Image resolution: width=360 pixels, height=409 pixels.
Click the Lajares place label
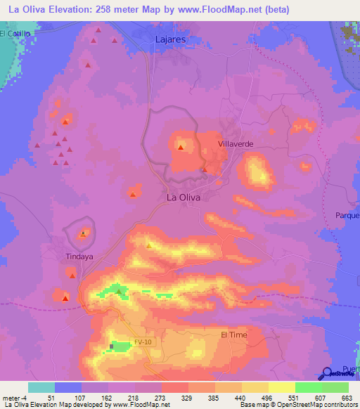pyautogui.click(x=170, y=40)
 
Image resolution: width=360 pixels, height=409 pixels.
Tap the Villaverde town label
pyautogui.click(x=236, y=143)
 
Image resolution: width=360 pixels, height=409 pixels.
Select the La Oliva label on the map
pyautogui.click(x=184, y=197)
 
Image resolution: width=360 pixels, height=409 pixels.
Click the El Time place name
pyautogui.click(x=234, y=335)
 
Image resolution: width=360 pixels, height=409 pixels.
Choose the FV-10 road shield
pyautogui.click(x=143, y=342)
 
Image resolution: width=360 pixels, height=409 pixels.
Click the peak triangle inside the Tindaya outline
pyautogui.click(x=84, y=233)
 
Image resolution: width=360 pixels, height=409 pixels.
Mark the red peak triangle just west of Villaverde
pyautogui.click(x=181, y=148)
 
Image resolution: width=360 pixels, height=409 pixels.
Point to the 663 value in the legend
pyautogui.click(x=347, y=397)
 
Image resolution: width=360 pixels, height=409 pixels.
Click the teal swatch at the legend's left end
pyautogui.click(x=41, y=387)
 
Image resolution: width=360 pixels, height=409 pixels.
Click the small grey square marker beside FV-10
pyautogui.click(x=111, y=346)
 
